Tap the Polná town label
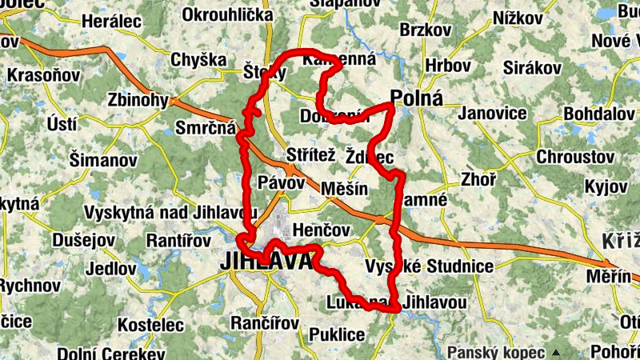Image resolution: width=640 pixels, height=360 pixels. pos(417,98)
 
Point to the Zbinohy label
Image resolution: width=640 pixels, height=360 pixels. pos(138,101)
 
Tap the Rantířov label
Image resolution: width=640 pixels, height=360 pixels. pos(179,240)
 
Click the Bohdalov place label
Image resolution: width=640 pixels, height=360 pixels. pos(599,114)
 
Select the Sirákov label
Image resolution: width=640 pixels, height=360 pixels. pos(533,69)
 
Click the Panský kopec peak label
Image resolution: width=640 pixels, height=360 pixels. pos(495,351)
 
